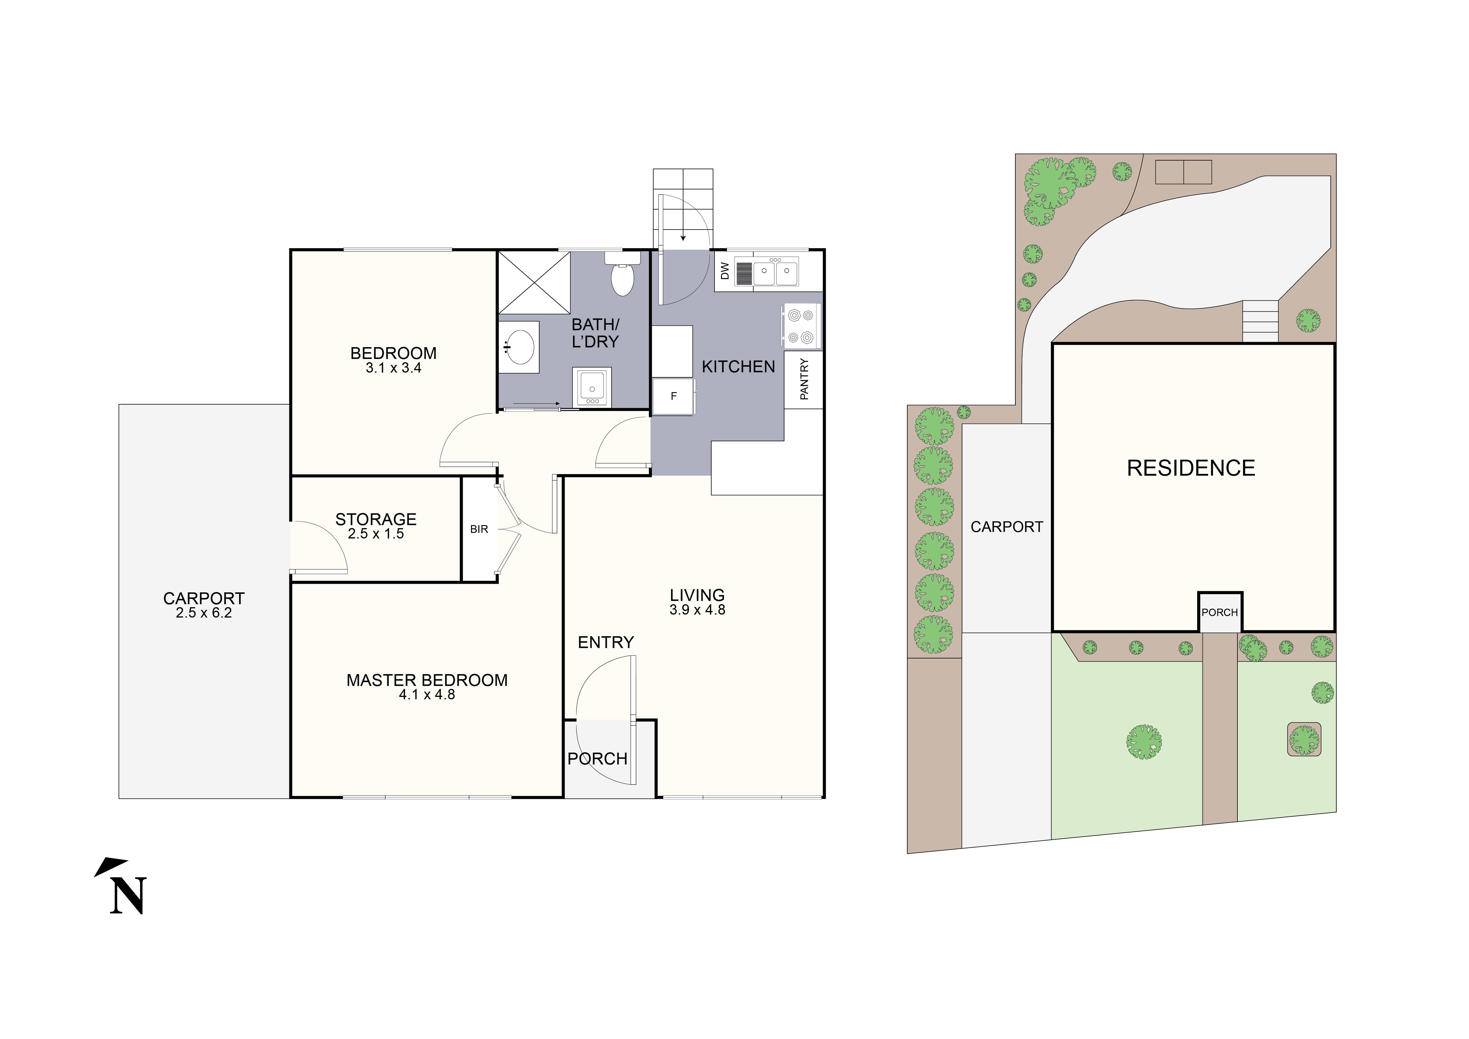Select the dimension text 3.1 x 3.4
394,368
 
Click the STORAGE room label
375,519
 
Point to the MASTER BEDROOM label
427,680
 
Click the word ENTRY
605,642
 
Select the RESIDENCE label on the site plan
1191,468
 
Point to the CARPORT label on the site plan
1006,527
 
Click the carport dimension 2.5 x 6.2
203,613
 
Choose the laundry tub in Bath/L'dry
592,387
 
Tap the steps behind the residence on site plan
1260,320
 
